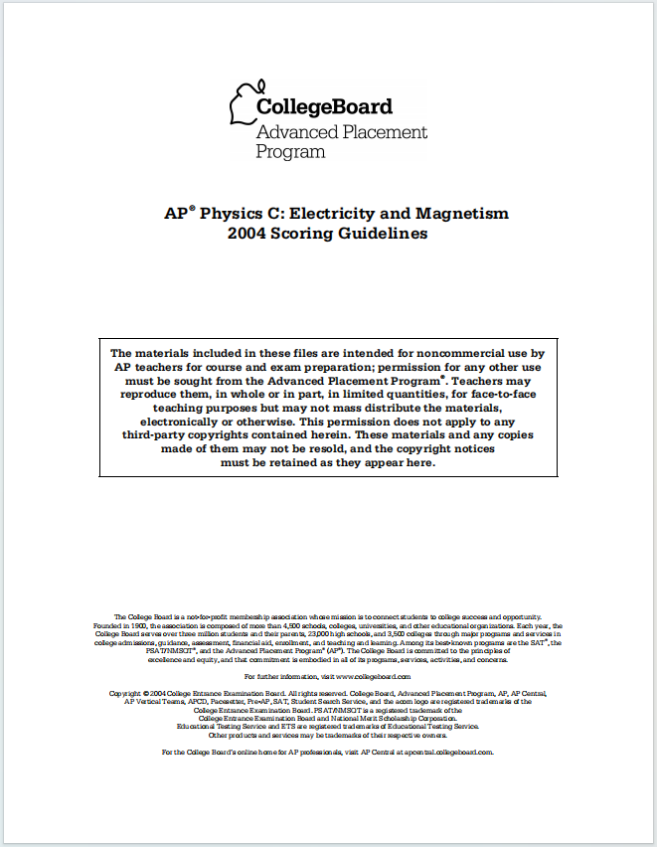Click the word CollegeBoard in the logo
click(x=324, y=107)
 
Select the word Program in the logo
click(x=290, y=152)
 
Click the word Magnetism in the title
click(x=467, y=214)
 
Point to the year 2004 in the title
click(x=248, y=234)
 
